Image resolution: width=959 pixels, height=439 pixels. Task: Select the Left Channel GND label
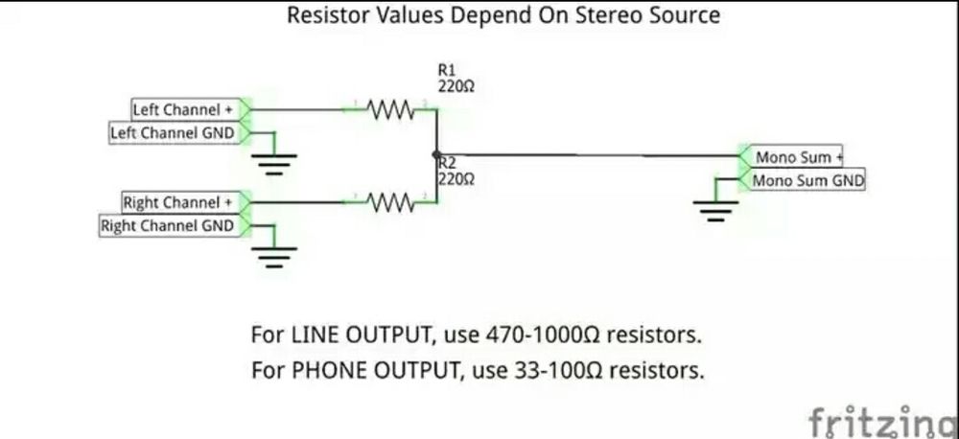pyautogui.click(x=173, y=133)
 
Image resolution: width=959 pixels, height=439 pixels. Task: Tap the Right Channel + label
pyautogui.click(x=178, y=203)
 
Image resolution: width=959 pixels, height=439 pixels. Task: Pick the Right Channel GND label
pyautogui.click(x=168, y=226)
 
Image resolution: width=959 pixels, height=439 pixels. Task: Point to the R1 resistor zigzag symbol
pyautogui.click(x=389, y=109)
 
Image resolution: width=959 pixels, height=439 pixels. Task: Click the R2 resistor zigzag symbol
pyautogui.click(x=389, y=202)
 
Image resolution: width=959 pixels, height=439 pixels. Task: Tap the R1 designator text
pyautogui.click(x=447, y=70)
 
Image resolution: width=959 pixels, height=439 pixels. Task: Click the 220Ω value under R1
pyautogui.click(x=456, y=85)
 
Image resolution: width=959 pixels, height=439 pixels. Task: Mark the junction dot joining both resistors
pyautogui.click(x=436, y=154)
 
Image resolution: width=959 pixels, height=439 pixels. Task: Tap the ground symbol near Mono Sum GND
pyautogui.click(x=715, y=209)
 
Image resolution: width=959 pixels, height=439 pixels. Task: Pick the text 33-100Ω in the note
pyautogui.click(x=554, y=369)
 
